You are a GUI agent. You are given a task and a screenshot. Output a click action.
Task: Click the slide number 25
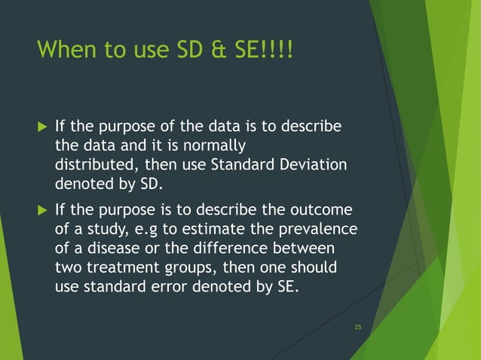coord(357,327)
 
